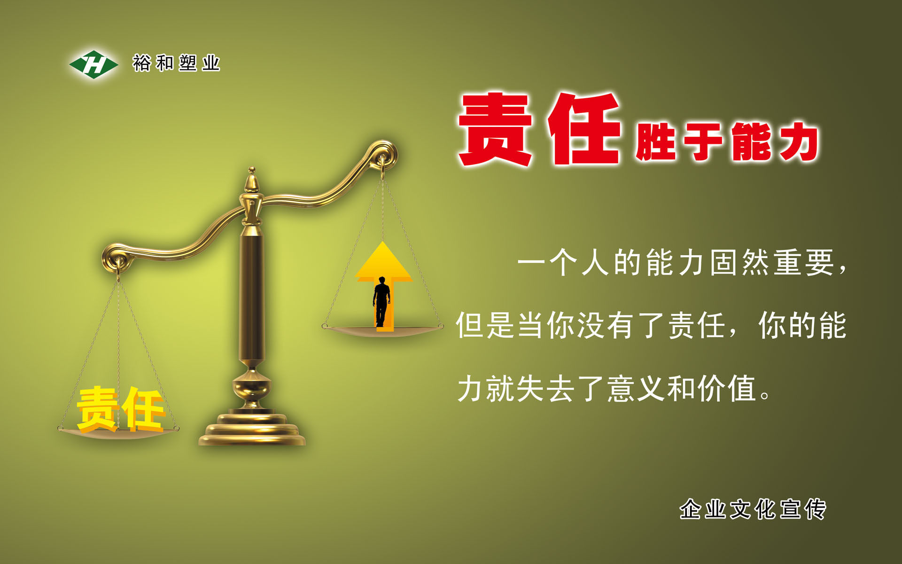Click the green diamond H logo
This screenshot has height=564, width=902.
point(93,64)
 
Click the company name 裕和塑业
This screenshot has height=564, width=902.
point(176,63)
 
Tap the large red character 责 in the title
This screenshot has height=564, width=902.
point(495,129)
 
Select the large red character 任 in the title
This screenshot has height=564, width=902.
point(584,129)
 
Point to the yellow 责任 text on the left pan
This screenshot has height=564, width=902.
point(121,409)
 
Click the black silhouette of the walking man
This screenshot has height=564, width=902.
point(381,301)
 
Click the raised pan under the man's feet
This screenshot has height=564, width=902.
point(382,330)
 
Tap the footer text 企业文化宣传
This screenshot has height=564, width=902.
point(753,509)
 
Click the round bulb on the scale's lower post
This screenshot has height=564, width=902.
point(252,386)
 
